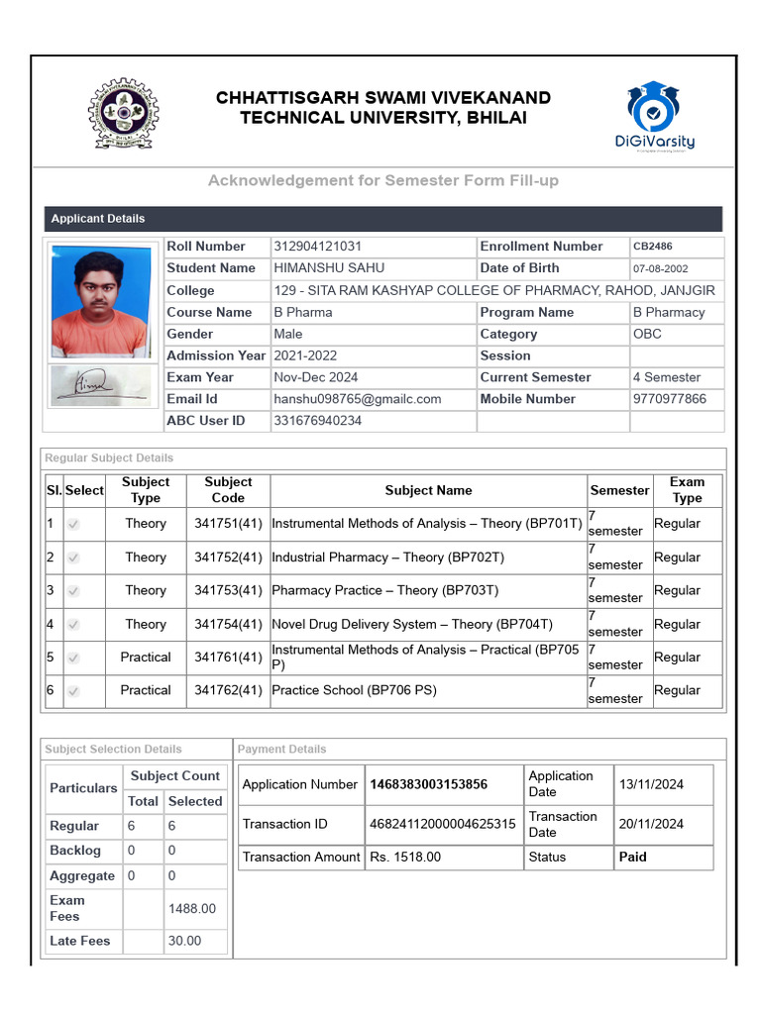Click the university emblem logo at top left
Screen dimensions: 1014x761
124,113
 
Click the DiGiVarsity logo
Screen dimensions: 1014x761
654,116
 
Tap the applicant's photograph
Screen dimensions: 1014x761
101,301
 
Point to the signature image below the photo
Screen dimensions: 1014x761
101,386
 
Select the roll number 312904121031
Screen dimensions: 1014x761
317,247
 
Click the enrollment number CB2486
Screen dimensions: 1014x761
652,247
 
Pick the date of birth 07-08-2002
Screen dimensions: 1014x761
660,268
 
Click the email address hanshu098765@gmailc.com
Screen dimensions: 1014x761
357,399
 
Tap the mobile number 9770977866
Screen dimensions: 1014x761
670,399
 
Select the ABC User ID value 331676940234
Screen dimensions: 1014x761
317,421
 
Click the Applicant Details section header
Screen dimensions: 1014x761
97,219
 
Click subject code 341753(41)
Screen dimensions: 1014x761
228,590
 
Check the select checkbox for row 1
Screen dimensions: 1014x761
73,524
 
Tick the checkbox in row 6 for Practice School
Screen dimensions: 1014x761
73,691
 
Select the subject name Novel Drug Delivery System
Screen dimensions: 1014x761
411,624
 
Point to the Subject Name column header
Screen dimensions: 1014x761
428,490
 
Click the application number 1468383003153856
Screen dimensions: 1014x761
428,784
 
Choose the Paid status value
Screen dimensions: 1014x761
632,858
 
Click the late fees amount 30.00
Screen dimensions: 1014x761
184,941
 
